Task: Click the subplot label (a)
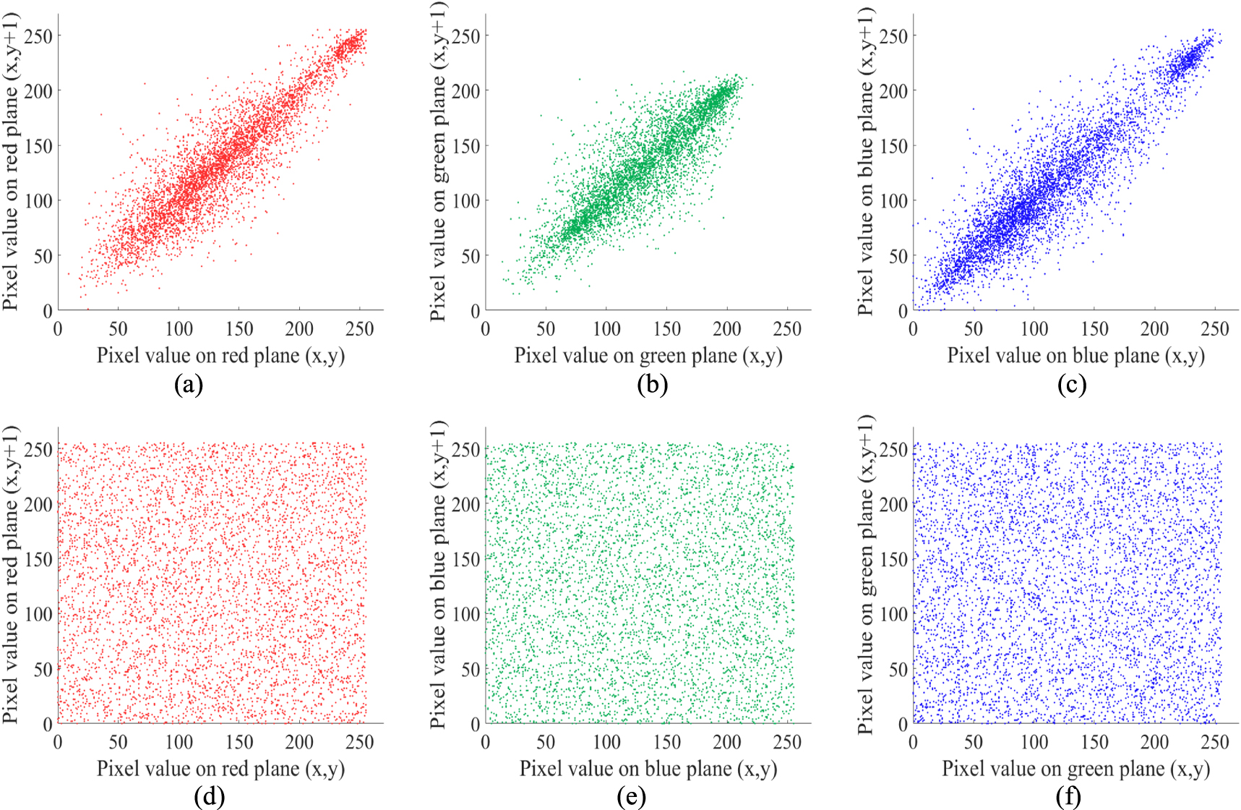[x=189, y=384]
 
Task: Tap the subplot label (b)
[x=652, y=384]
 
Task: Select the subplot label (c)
[x=1071, y=384]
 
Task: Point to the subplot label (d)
[x=210, y=796]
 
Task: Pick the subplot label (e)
[x=632, y=796]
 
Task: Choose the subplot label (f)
[x=1068, y=796]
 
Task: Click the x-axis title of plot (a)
[x=220, y=356]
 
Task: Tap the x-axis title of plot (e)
[x=648, y=769]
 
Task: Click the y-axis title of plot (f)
[x=865, y=575]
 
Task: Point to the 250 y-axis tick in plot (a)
[x=38, y=36]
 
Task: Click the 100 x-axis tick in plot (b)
[x=606, y=330]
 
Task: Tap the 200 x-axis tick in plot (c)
[x=1154, y=330]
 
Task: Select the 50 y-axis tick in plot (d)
[x=43, y=669]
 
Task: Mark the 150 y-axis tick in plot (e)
[x=465, y=559]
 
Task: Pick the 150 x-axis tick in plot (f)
[x=1094, y=743]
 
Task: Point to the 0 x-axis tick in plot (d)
[x=58, y=743]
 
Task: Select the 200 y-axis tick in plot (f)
[x=893, y=505]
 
